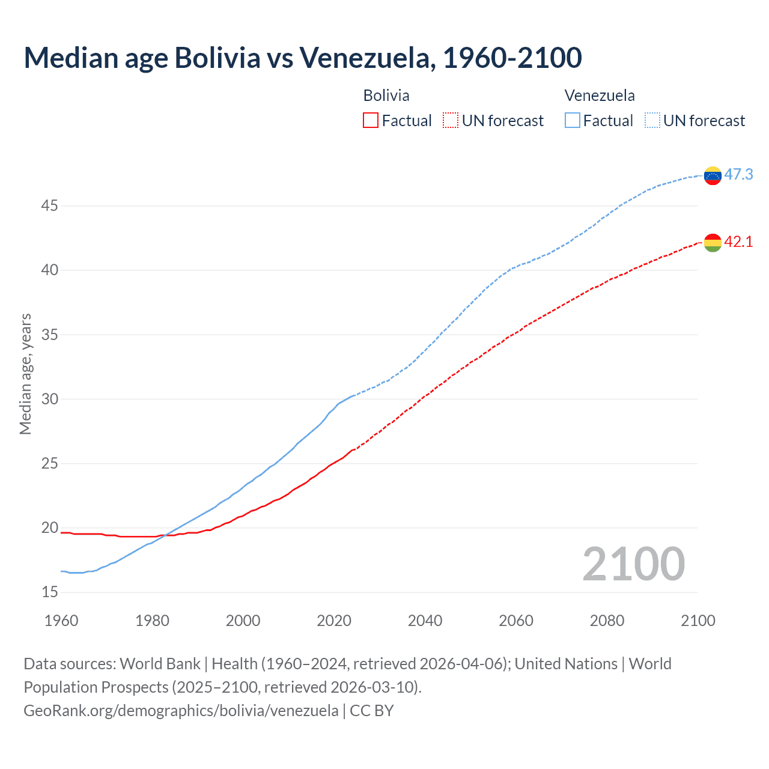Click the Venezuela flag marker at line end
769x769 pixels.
(713, 175)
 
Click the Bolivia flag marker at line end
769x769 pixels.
(713, 242)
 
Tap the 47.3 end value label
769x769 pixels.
(738, 175)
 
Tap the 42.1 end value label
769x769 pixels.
(738, 242)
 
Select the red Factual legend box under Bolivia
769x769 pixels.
(371, 120)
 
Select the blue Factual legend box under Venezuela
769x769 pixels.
(573, 120)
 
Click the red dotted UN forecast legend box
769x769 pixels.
(451, 120)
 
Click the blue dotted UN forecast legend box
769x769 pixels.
(652, 120)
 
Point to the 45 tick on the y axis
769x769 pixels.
(49, 206)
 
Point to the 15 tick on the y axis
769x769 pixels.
(49, 592)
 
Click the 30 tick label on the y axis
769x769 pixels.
(49, 399)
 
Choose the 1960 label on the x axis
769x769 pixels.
(61, 621)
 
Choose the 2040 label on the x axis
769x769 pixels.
(425, 621)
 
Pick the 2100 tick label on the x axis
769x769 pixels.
(698, 621)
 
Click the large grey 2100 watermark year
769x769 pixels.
(633, 564)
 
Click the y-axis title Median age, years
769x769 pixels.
(25, 374)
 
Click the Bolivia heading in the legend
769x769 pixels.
(386, 96)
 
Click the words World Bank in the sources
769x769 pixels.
(160, 664)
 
